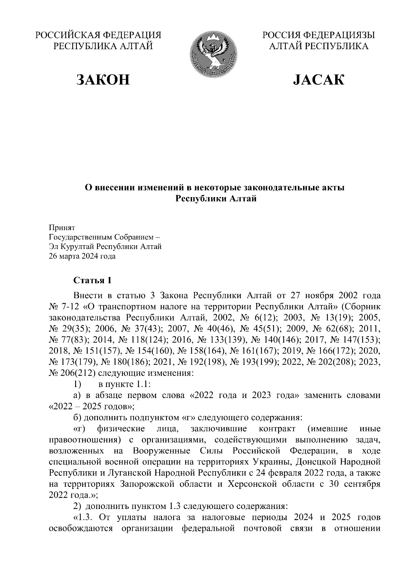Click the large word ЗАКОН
103,79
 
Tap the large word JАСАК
318,79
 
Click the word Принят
62,227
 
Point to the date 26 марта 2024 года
82,256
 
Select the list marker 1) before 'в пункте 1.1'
77,384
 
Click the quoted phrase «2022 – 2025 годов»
92,406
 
